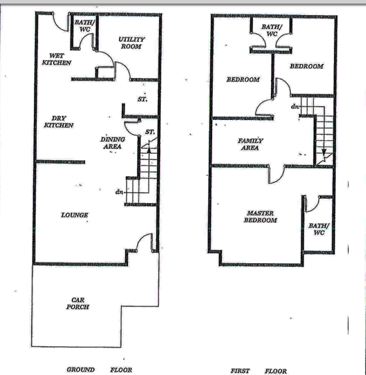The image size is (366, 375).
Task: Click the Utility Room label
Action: pos(131,42)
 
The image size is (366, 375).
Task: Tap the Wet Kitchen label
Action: pos(57,59)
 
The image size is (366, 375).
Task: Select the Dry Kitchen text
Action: pos(59,122)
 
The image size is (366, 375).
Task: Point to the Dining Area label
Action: pos(113,142)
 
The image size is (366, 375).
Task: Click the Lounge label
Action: pos(74,215)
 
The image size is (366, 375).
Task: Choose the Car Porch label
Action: pos(78,303)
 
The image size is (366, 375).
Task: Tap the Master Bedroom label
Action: pos(260,217)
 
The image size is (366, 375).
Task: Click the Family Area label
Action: pos(250,144)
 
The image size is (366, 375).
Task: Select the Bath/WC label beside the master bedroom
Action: pos(319,229)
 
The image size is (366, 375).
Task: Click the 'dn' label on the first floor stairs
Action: pos(295,106)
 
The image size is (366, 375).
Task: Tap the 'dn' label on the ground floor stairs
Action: pos(119,192)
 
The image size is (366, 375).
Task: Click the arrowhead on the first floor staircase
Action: pos(324,152)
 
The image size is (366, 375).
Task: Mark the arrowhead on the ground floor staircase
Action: pos(149,150)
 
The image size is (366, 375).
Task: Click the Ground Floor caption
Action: pos(99,370)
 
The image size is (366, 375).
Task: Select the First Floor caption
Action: pos(259,371)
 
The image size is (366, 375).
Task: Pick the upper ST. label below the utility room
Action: pos(143,99)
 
